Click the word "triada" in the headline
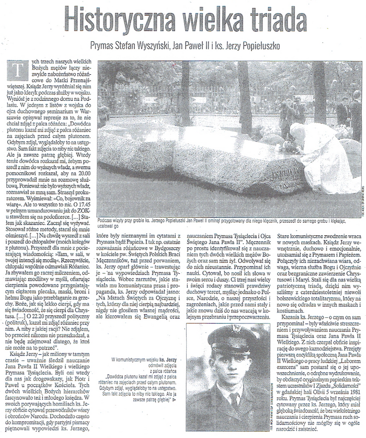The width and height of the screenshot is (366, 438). [x=272, y=19]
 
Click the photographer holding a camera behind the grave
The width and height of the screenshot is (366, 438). [x=285, y=112]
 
